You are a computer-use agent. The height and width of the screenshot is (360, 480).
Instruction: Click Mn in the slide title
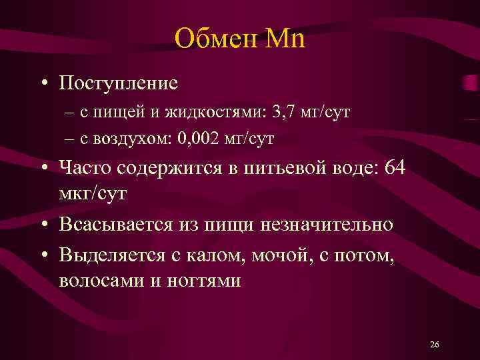click(285, 39)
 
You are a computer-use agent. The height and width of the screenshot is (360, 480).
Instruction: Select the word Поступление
click(118, 83)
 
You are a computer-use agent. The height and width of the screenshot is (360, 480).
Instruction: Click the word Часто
click(85, 168)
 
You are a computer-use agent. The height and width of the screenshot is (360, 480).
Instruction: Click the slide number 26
click(435, 345)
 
